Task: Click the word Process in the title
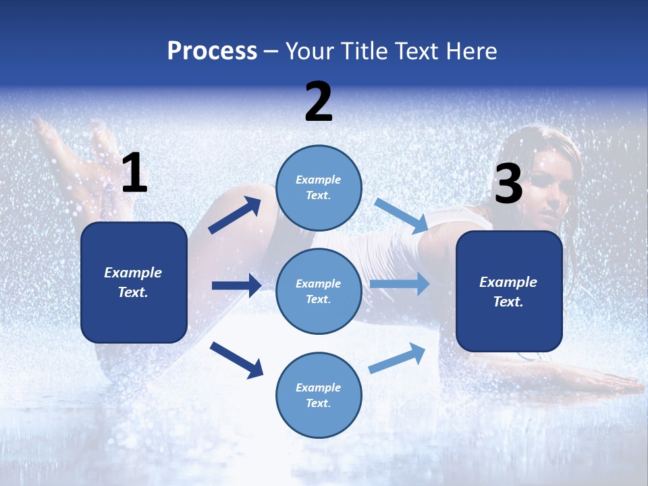(x=212, y=51)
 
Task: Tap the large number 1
(x=134, y=174)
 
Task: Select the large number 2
(x=319, y=102)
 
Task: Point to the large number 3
(x=508, y=184)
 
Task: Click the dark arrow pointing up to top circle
(x=235, y=215)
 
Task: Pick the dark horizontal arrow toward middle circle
(x=236, y=286)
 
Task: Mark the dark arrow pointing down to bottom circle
(x=236, y=359)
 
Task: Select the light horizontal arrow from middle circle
(x=400, y=283)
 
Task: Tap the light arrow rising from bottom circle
(x=398, y=358)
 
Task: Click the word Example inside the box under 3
(x=508, y=282)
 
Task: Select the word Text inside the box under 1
(x=133, y=292)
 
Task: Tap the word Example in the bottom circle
(x=319, y=387)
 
